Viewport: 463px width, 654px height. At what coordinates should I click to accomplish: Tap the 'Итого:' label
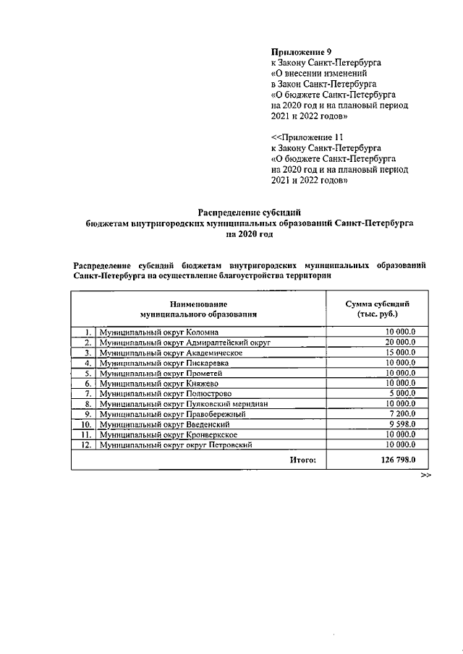pyautogui.click(x=303, y=460)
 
